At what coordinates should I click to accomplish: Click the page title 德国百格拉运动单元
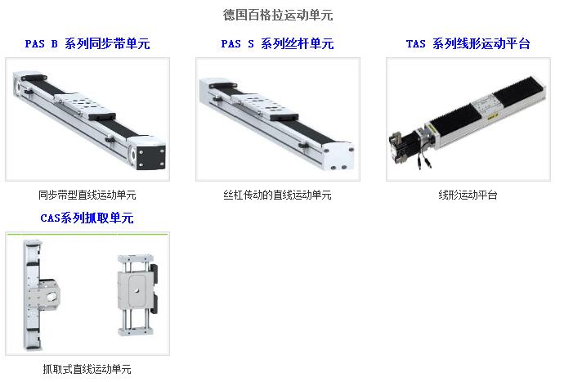tap(278, 15)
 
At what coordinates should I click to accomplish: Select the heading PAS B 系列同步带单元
tap(87, 44)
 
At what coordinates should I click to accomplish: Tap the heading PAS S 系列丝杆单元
tap(277, 44)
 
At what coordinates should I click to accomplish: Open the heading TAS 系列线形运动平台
tap(468, 44)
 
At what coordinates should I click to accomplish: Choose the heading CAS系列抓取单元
tap(87, 218)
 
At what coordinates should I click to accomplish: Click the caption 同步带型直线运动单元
tap(87, 195)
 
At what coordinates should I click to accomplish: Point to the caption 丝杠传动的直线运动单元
tap(277, 195)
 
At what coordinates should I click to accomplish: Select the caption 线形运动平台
tap(468, 195)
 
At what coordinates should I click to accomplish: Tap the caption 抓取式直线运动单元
tap(87, 369)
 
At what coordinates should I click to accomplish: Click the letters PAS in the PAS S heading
tap(231, 44)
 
